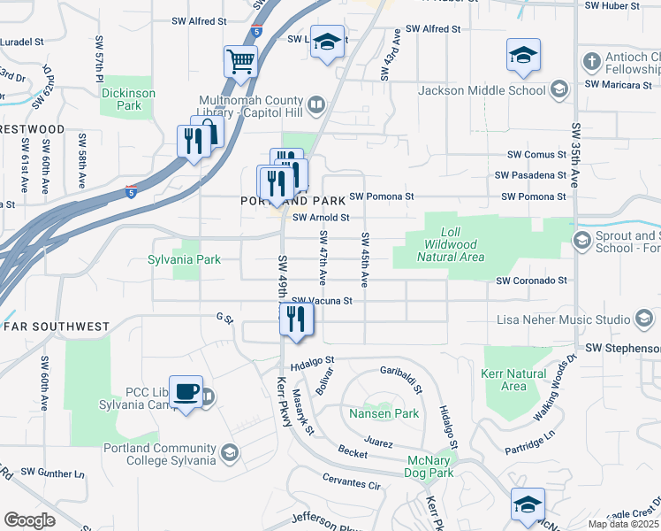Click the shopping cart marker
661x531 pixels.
click(x=240, y=62)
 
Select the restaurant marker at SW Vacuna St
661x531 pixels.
click(x=297, y=319)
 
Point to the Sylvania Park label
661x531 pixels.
click(x=185, y=260)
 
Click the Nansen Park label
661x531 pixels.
click(x=384, y=413)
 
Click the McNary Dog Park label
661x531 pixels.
click(x=430, y=467)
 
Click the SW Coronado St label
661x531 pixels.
click(x=530, y=281)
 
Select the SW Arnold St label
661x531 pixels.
click(x=321, y=217)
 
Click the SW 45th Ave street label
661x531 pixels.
click(x=364, y=259)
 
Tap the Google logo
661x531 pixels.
click(x=29, y=520)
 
